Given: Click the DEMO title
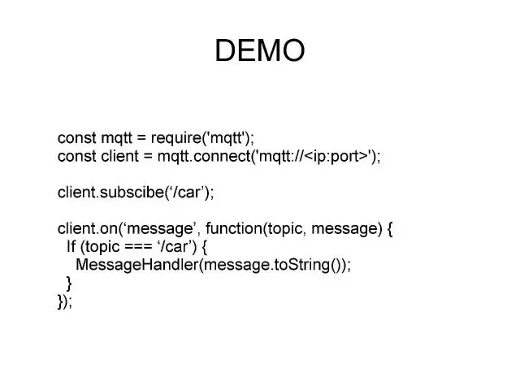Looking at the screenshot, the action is coord(260,50).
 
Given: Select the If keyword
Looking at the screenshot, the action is coord(71,247).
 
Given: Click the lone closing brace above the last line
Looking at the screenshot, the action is coord(69,283).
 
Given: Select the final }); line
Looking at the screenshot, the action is coord(65,301).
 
